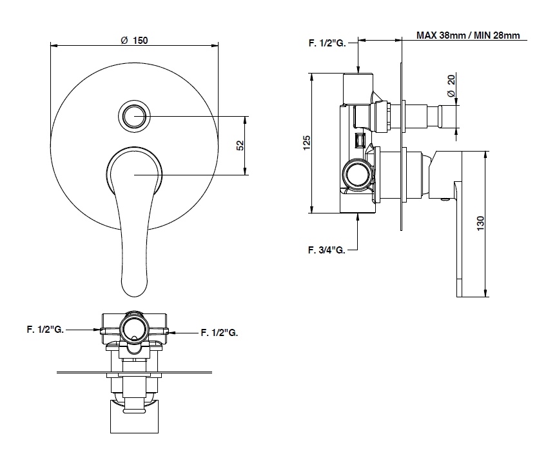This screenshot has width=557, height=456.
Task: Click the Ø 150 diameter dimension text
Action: (134, 40)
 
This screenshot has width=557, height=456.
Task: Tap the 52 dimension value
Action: (240, 145)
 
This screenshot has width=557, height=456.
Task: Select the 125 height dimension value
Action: (308, 143)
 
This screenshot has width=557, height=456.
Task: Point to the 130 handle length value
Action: (480, 224)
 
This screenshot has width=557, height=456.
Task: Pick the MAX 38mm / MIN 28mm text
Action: (467, 35)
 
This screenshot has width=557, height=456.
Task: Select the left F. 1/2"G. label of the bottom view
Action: (44, 329)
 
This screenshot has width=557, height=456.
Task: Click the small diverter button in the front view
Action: (134, 116)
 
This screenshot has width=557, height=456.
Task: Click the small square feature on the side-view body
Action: (360, 139)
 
